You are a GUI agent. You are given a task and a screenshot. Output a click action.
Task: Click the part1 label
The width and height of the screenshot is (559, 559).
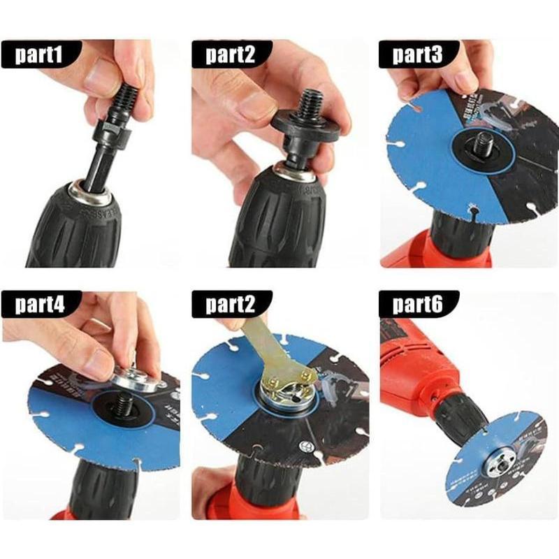pos(41,55)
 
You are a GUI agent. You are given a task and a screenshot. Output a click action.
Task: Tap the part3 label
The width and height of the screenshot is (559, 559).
pos(418,55)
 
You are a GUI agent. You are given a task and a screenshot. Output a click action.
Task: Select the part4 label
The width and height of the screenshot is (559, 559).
pos(41,305)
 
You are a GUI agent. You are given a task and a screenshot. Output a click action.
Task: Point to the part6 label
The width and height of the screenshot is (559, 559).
pos(418,305)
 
